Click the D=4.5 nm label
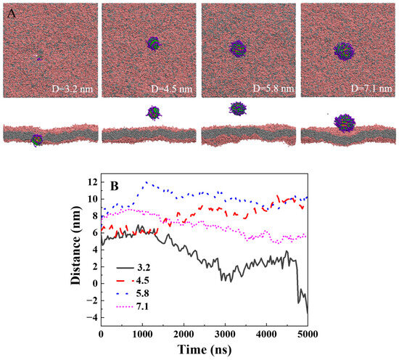169,91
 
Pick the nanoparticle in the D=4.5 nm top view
153,44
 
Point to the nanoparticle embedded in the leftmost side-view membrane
37,139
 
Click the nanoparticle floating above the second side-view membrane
153,112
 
